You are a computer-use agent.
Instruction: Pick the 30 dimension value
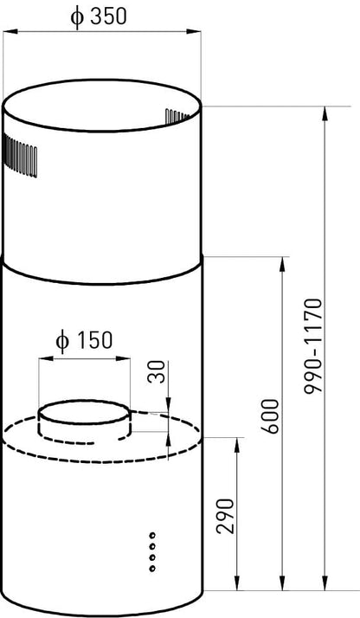[156, 373]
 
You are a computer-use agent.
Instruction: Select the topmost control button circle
[152, 536]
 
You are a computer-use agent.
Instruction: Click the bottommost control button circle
[152, 569]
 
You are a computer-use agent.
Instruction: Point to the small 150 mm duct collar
[85, 419]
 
